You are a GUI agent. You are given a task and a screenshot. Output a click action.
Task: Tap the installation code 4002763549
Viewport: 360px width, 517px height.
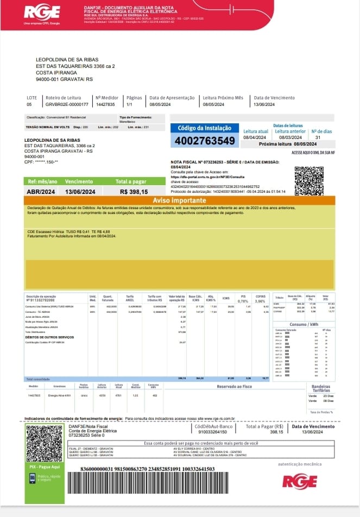point(204,141)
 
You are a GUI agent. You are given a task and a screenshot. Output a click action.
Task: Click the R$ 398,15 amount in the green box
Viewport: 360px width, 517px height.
point(134,191)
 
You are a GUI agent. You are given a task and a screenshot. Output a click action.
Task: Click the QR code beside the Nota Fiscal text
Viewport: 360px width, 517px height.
point(308,180)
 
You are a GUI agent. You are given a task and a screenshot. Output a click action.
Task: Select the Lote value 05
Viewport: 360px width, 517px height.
point(29,104)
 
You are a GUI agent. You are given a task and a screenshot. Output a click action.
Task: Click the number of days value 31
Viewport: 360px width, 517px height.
point(318,137)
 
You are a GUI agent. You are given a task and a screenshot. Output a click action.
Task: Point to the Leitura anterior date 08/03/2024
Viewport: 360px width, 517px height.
point(290,137)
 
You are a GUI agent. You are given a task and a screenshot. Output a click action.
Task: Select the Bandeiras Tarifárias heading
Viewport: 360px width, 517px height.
point(321,389)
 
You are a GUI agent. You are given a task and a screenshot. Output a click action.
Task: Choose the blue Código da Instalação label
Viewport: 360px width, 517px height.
point(204,128)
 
